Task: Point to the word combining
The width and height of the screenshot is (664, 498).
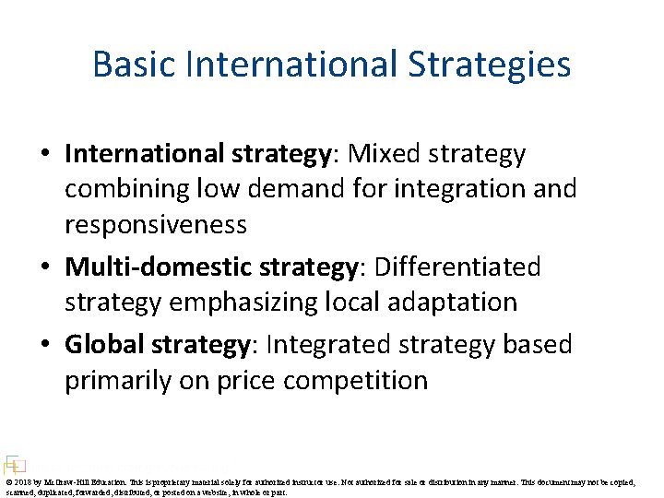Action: pos(125,189)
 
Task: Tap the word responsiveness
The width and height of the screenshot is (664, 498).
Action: pos(155,224)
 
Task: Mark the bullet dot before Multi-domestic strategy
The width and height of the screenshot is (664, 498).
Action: pos(47,268)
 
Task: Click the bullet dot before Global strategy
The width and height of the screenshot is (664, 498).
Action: pos(47,346)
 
